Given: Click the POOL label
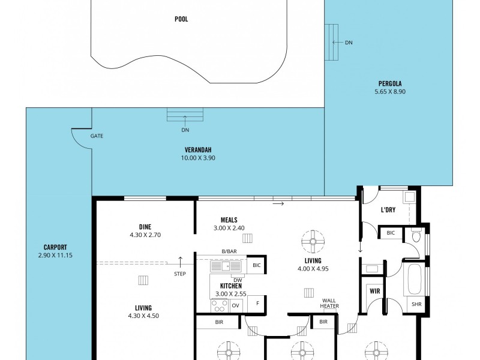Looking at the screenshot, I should (x=181, y=19).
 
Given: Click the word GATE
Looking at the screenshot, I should (x=97, y=136).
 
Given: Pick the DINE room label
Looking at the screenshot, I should (x=145, y=226).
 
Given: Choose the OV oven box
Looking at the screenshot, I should (x=236, y=305).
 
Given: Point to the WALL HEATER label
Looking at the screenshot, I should (x=329, y=303).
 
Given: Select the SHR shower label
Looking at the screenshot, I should (x=416, y=304).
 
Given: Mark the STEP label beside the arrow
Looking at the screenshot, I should (x=180, y=274).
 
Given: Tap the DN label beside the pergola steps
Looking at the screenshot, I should (x=349, y=43).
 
